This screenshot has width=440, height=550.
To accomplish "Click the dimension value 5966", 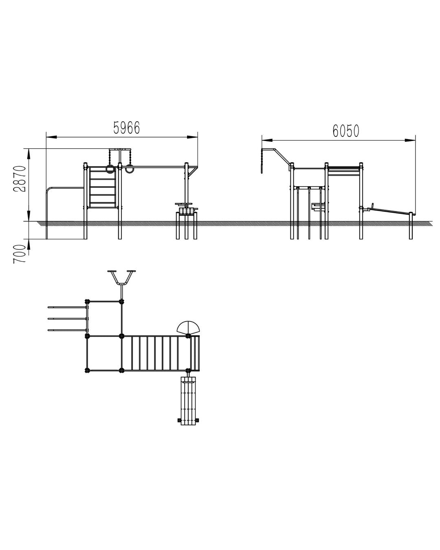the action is click(x=126, y=128).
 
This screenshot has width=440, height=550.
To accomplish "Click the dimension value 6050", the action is click(x=345, y=131).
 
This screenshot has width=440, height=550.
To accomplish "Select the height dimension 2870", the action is click(x=20, y=179).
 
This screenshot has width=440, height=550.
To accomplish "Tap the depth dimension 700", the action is click(x=20, y=254).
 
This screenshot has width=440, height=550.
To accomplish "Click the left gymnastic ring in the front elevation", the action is click(x=110, y=169).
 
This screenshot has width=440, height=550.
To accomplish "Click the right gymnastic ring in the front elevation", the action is click(x=129, y=169).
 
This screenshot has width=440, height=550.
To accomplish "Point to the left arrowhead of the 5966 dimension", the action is click(x=51, y=137).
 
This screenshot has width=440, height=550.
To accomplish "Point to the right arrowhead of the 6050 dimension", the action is click(x=410, y=140).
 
